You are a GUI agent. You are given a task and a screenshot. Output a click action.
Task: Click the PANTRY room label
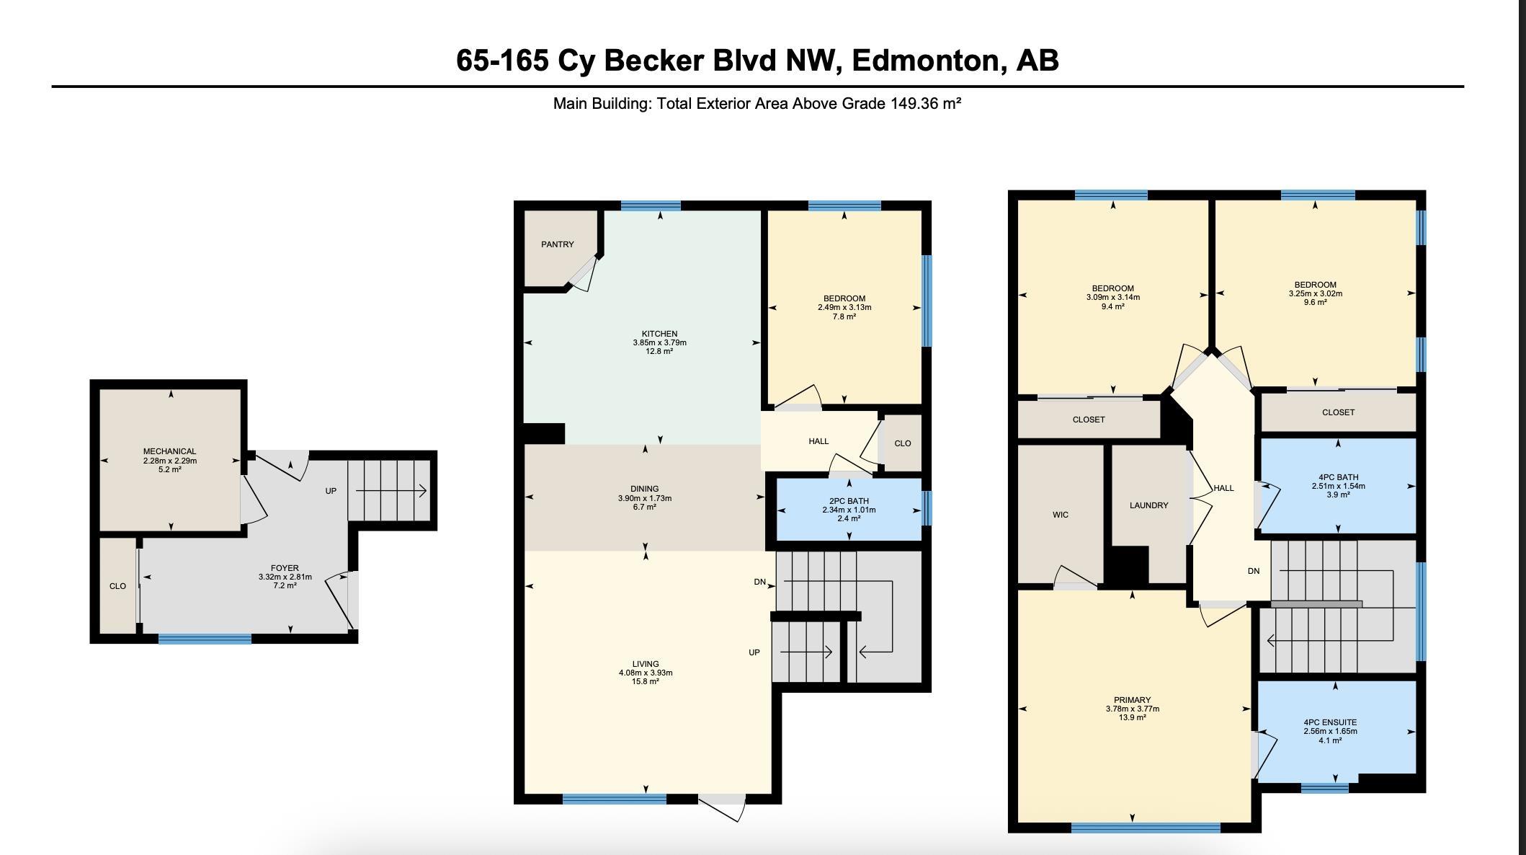[x=558, y=244]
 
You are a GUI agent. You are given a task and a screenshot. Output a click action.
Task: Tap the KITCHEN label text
[x=659, y=334]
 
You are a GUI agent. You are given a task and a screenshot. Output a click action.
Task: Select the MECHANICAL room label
[x=169, y=451]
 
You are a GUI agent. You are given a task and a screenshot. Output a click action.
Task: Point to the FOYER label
[x=285, y=568]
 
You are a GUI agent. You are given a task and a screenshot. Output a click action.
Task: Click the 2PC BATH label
[x=849, y=501]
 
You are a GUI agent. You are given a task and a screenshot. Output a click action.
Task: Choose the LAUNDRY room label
[x=1148, y=505]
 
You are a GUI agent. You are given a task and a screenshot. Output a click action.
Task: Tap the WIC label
[x=1060, y=515]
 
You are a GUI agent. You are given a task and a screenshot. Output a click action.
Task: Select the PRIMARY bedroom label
[x=1132, y=700]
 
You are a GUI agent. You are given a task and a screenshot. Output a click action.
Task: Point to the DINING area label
[x=644, y=489]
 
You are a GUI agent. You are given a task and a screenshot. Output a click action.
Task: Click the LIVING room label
[x=645, y=664]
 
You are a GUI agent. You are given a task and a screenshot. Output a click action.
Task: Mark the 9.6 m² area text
[x=1315, y=302]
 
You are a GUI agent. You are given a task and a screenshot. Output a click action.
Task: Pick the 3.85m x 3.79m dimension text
[x=659, y=342]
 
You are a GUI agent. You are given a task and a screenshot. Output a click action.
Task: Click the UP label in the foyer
[x=331, y=491]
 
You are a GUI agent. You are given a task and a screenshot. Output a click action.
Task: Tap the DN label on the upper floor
[x=1254, y=571]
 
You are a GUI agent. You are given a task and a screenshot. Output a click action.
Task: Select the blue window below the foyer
[x=205, y=639]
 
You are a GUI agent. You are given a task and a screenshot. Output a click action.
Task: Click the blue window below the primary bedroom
[x=1146, y=828]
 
